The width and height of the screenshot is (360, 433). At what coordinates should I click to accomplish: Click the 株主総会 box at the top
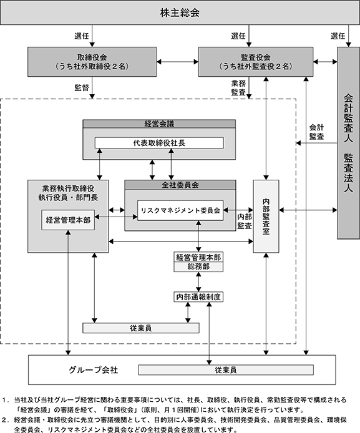click(x=180, y=12)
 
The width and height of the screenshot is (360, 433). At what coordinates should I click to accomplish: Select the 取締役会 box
click(x=92, y=62)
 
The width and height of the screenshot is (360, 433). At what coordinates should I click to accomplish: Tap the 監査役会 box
click(x=256, y=62)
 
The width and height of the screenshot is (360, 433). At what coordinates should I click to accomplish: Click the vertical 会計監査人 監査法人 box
click(x=348, y=143)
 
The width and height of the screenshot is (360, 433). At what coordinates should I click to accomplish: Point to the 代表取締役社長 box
click(x=159, y=143)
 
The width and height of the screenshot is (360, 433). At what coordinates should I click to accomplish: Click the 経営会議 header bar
click(x=159, y=124)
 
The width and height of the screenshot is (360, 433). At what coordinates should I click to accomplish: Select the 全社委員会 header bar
click(x=180, y=185)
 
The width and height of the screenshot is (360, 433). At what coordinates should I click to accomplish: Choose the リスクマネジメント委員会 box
click(x=180, y=210)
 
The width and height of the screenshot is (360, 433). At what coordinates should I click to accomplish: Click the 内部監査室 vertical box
click(x=266, y=216)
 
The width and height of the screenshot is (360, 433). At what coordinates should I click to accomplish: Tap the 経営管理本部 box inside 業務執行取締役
click(x=68, y=220)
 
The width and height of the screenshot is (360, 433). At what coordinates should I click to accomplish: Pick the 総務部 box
click(x=198, y=267)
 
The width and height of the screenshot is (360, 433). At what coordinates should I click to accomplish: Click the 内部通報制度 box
click(x=198, y=297)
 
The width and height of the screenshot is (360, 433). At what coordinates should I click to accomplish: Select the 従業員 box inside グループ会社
click(x=226, y=370)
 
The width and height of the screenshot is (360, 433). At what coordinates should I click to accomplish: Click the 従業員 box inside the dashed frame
click(x=141, y=328)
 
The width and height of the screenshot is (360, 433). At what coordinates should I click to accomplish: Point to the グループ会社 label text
click(x=94, y=370)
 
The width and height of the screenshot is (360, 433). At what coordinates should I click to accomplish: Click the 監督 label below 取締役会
click(x=82, y=87)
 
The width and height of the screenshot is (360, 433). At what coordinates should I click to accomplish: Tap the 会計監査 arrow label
click(x=316, y=132)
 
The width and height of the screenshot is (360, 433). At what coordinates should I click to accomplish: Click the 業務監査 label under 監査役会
click(x=238, y=87)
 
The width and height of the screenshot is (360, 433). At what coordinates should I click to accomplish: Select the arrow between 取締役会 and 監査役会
click(x=178, y=62)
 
